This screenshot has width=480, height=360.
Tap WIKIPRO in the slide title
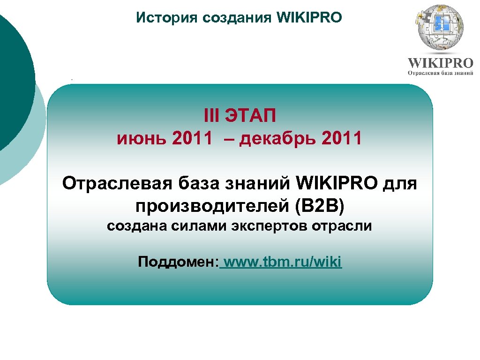[310, 18]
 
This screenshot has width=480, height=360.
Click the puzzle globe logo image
[440, 28]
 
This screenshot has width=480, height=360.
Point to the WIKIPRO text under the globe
[440, 63]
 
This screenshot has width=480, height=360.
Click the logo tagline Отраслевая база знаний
[440, 73]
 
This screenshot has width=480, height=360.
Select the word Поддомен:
[178, 262]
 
